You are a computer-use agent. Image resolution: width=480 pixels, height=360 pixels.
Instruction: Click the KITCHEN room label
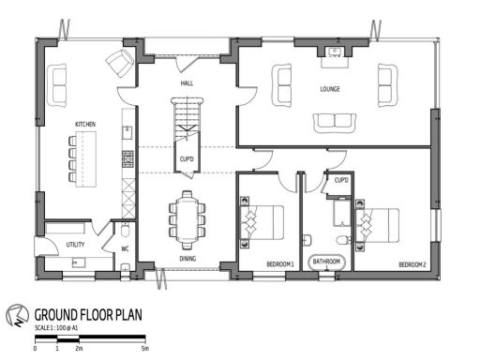tap(86, 124)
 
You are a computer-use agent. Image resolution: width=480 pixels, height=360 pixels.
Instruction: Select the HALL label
tap(187, 83)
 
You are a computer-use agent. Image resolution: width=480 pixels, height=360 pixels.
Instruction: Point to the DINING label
tap(187, 259)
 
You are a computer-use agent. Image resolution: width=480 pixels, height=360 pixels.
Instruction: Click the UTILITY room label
tap(76, 245)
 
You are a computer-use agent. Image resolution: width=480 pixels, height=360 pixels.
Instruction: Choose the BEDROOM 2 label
tap(412, 264)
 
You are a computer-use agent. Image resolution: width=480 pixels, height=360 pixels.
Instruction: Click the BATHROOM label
tap(326, 261)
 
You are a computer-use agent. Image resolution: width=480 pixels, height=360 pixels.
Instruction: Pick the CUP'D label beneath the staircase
tap(187, 159)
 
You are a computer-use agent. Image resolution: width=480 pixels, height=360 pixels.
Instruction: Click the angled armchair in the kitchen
tap(120, 64)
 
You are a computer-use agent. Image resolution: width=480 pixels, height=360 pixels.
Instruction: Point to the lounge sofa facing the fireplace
tap(334, 120)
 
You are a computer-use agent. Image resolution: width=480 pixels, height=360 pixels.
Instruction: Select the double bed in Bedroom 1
tap(262, 223)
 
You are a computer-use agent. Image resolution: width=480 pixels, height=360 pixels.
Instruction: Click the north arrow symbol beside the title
tap(16, 316)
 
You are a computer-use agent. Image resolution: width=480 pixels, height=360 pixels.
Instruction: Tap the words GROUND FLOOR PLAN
tap(88, 315)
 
